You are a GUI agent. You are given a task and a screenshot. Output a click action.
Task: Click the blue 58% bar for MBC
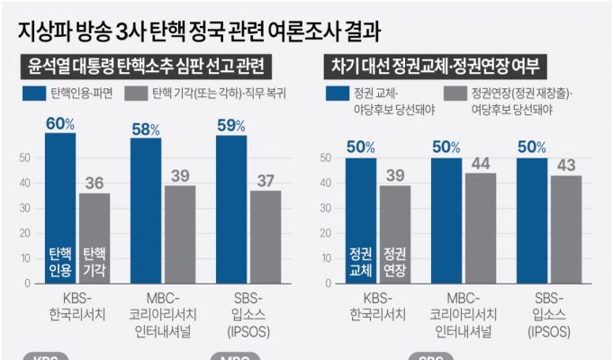(x=146, y=211)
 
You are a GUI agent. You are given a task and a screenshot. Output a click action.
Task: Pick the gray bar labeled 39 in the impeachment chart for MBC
(x=180, y=235)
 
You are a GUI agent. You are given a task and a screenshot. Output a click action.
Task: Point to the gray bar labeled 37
(x=265, y=238)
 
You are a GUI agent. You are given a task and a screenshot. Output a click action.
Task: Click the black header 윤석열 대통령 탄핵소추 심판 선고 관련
(x=149, y=66)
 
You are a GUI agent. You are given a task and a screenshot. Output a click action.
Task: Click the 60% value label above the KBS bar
(x=60, y=124)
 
